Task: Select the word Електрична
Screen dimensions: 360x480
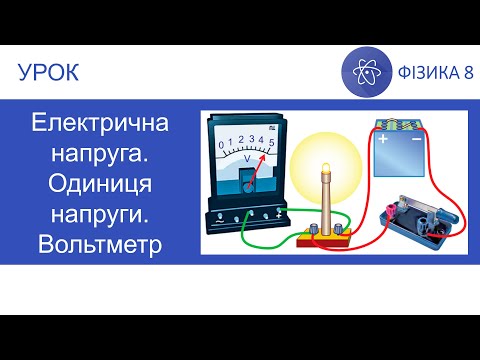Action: pos(101,127)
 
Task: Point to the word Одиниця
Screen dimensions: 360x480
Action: pos(101,186)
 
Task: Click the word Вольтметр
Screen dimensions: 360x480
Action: pos(101,245)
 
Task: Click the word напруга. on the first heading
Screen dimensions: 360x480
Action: pos(101,157)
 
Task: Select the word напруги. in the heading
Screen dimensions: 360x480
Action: pos(101,215)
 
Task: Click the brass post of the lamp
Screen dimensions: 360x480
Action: pos(326,200)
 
